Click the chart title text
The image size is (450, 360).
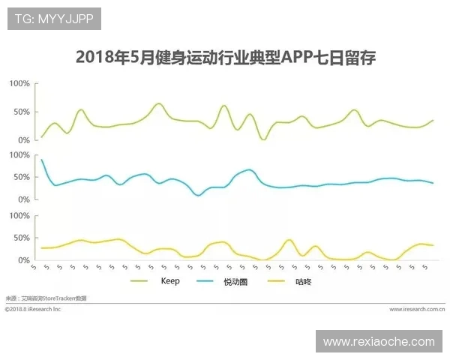coord(225,58)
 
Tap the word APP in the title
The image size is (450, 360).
coord(296,58)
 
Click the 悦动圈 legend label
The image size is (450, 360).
coord(235,282)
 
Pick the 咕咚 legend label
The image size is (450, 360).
coord(302,282)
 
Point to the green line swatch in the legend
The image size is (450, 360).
coord(140,282)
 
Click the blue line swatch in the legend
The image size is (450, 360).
coord(205,282)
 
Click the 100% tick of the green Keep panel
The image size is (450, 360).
coord(19,83)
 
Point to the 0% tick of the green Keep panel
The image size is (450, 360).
coord(23,139)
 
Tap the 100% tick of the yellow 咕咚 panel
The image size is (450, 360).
coord(19,215)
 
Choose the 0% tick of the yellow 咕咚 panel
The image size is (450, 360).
coord(23,260)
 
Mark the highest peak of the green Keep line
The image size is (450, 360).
coord(158,103)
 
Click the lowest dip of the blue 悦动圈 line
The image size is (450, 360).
coord(198,195)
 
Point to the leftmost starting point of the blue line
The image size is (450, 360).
coord(41,159)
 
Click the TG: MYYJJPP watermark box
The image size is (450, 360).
coord(54,19)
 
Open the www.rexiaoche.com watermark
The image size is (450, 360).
coord(379,341)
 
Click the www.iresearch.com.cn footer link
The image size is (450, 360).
coord(417,308)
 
